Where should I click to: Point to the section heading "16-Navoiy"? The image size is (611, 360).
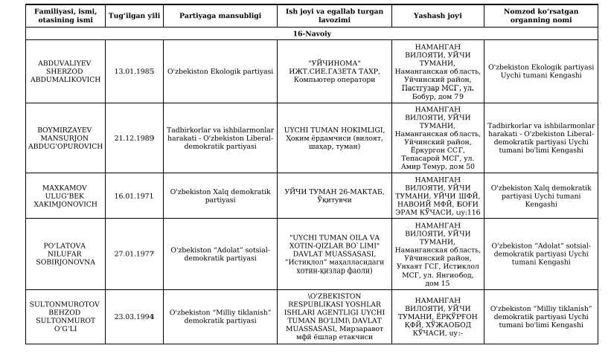click(x=311, y=33)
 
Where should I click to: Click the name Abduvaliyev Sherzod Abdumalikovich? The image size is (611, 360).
click(x=63, y=71)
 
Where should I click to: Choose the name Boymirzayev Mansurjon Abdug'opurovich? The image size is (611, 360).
click(x=63, y=138)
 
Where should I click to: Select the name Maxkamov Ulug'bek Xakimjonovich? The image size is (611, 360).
click(x=63, y=196)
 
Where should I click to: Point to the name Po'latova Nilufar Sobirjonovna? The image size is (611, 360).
click(x=63, y=253)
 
